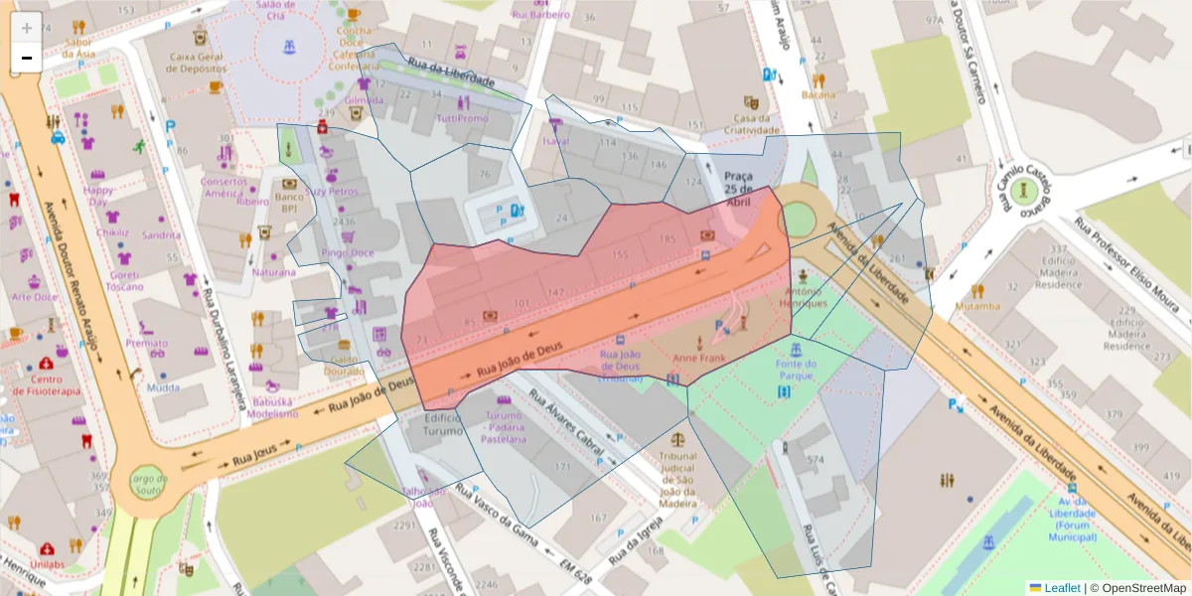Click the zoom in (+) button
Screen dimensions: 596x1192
click(x=27, y=28)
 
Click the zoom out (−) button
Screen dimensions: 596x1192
click(x=27, y=58)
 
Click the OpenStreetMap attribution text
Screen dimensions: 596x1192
click(x=1139, y=587)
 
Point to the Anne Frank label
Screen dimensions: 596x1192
click(x=700, y=358)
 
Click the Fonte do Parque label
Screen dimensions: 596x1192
click(x=795, y=369)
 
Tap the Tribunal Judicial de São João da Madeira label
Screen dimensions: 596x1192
click(x=678, y=475)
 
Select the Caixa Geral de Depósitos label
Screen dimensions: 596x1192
click(x=199, y=65)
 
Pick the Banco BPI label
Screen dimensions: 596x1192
click(x=289, y=203)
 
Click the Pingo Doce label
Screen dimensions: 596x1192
click(x=348, y=253)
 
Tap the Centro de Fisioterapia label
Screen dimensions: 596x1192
click(x=46, y=384)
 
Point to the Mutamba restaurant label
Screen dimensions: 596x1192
click(x=977, y=306)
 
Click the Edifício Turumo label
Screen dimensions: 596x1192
click(x=443, y=424)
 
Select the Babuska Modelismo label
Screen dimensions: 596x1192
click(x=272, y=407)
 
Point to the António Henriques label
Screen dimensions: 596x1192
click(x=804, y=297)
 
